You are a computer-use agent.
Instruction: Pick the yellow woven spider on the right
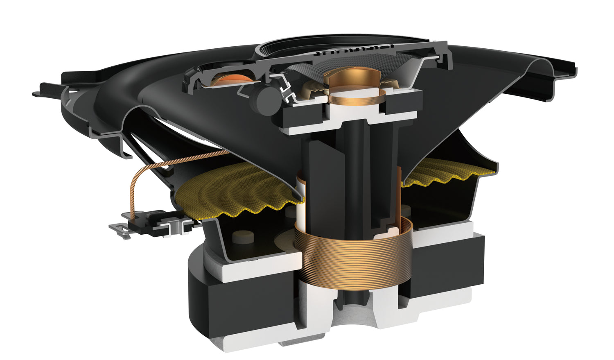click(446, 172)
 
